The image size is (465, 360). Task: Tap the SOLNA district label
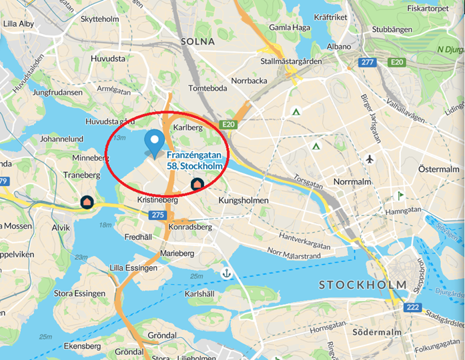pos(197,41)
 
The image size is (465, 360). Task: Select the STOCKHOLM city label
pos(362,285)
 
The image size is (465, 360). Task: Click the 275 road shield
pos(157,215)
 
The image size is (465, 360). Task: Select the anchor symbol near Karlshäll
pos(227,273)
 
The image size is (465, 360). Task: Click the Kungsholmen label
pos(244,200)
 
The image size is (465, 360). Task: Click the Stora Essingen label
pos(79,293)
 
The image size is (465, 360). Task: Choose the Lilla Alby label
pos(19,23)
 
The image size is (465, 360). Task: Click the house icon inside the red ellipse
pos(197,183)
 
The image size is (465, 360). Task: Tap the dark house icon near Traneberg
pos(87,201)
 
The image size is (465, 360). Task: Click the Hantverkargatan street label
pos(305,237)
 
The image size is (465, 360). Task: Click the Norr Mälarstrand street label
pos(298,253)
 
